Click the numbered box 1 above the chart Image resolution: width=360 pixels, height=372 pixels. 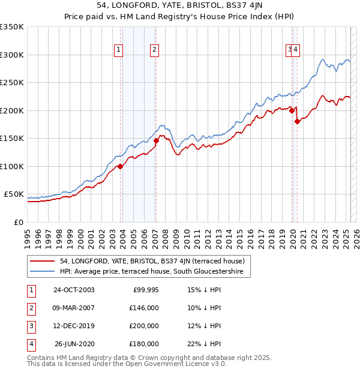pyautogui.click(x=119, y=50)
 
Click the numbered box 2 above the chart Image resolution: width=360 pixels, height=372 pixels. pyautogui.click(x=155, y=50)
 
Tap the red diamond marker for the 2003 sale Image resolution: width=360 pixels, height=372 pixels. pyautogui.click(x=121, y=167)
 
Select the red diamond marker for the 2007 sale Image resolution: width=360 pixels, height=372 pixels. pyautogui.click(x=156, y=141)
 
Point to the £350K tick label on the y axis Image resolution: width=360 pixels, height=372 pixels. pyautogui.click(x=12, y=27)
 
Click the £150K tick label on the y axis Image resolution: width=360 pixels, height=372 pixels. pyautogui.click(x=12, y=139)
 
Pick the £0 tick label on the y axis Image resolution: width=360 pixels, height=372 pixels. pyautogui.click(x=19, y=222)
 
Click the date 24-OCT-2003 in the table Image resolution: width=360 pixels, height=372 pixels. pyautogui.click(x=74, y=290)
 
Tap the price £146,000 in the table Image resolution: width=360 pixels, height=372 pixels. pyautogui.click(x=145, y=308)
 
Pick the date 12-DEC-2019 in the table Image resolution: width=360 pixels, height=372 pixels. pyautogui.click(x=74, y=326)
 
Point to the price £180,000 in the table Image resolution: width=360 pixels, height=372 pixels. pyautogui.click(x=145, y=344)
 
